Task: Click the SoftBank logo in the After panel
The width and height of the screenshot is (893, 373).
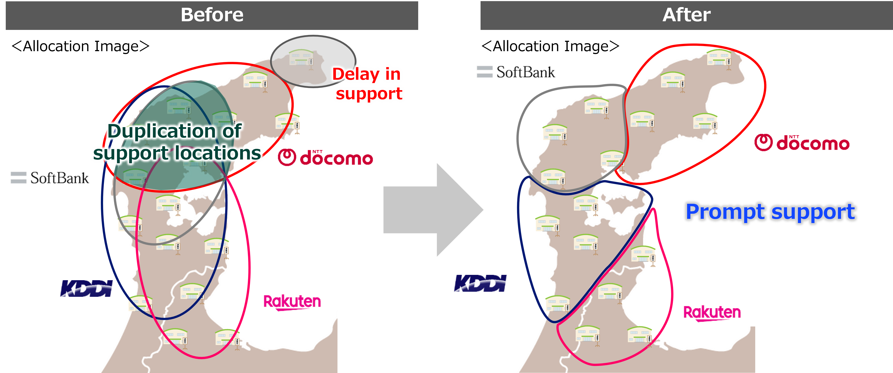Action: (516, 72)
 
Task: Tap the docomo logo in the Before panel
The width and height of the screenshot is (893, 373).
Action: (325, 158)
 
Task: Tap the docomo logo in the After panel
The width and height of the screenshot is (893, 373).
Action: (801, 143)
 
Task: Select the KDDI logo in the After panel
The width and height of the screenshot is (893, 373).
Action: (480, 283)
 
